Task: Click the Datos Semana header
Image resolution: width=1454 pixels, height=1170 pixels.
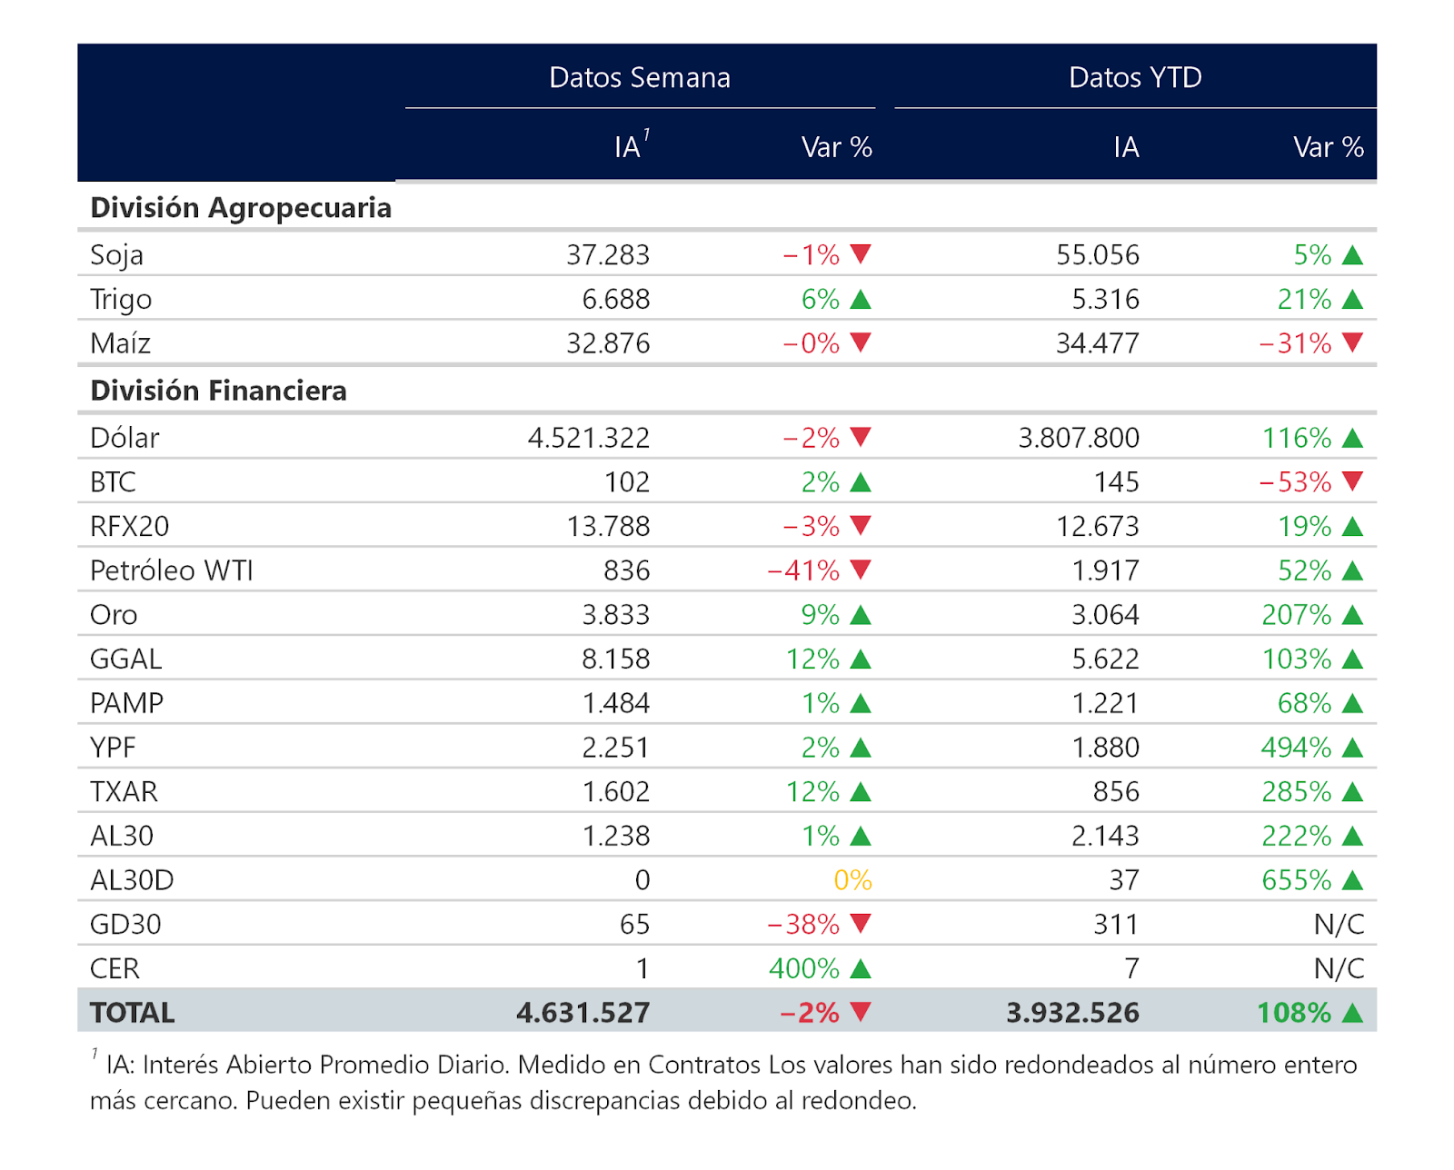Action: pos(639,78)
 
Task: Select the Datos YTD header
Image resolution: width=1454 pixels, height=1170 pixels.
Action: pos(1135,78)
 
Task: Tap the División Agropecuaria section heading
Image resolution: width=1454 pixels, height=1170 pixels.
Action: pos(241,208)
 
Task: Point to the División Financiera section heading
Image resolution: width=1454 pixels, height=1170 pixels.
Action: pos(218,391)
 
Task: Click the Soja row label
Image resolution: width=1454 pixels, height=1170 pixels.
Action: pos(117,255)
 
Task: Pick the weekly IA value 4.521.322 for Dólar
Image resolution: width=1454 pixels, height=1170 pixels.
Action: pos(589,438)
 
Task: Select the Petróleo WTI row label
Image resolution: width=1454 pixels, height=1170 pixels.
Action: pos(172,570)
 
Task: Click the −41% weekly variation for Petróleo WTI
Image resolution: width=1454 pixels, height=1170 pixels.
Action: pos(803,570)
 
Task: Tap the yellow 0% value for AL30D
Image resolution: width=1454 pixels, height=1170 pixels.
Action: pos(852,879)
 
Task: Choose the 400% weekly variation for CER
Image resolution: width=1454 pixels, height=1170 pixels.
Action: pos(804,968)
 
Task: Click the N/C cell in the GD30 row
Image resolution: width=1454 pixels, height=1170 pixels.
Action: pos(1339,924)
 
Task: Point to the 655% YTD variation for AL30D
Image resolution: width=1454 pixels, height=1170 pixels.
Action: pos(1297,879)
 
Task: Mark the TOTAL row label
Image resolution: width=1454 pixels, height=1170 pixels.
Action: pos(133,1013)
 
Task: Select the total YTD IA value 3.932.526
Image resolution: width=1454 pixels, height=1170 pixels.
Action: pos(1072,1013)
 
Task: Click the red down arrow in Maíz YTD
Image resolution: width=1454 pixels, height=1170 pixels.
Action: pos(1352,342)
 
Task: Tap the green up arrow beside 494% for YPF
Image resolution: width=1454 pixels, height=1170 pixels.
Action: pos(1352,747)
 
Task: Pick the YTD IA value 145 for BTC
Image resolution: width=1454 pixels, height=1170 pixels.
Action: pos(1116,481)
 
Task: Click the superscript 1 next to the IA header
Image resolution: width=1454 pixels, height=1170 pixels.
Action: pos(646,134)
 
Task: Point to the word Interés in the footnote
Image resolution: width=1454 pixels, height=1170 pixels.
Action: pos(181,1065)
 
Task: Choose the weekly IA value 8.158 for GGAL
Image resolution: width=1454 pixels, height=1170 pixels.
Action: pos(615,659)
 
